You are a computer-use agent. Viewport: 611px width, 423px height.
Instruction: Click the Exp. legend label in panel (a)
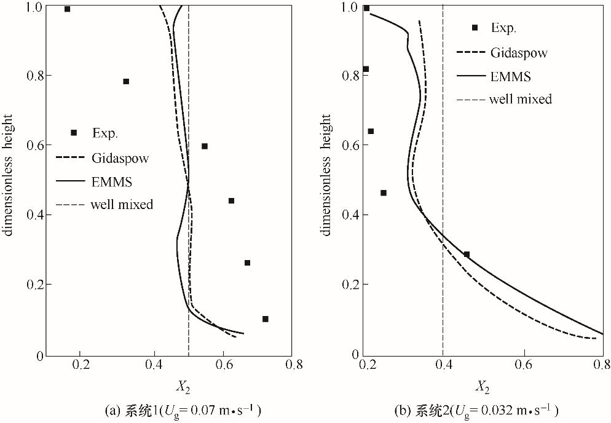click(x=104, y=133)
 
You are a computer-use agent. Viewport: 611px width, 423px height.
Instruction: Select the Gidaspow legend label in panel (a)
click(x=120, y=158)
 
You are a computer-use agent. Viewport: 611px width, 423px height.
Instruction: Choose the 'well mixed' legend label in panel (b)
click(x=520, y=99)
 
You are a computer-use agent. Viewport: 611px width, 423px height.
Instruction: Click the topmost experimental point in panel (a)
click(x=67, y=9)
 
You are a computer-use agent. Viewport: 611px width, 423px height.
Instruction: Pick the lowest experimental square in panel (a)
click(x=266, y=319)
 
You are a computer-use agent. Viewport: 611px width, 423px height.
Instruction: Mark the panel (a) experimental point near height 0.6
click(x=205, y=146)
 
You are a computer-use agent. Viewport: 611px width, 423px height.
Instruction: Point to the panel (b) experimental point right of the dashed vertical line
click(x=467, y=255)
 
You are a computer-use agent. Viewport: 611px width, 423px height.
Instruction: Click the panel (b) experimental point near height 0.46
click(x=384, y=193)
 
